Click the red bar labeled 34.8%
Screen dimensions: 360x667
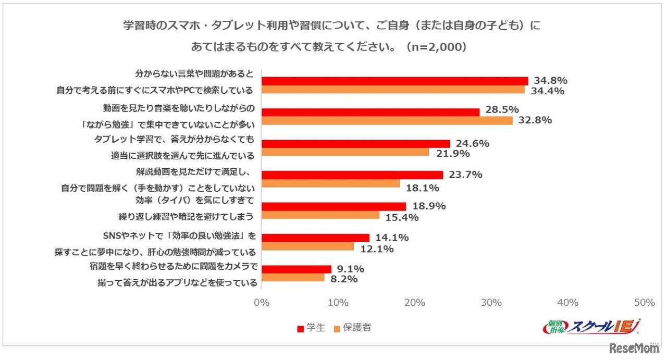pos(394,81)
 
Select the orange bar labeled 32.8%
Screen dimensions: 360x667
pos(387,121)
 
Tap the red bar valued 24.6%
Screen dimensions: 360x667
pos(355,143)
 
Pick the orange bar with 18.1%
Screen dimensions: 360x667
pos(330,183)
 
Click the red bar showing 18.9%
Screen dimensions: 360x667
pos(333,206)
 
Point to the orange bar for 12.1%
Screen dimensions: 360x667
pos(307,246)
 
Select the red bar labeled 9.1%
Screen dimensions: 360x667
pos(296,269)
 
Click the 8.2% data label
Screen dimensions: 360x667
pos(344,279)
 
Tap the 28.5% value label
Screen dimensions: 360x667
pos(501,110)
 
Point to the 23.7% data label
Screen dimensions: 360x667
pos(465,175)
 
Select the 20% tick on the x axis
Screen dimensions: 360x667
pos(414,303)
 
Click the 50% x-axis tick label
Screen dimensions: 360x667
pos(644,303)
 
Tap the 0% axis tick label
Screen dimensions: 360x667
pos(261,303)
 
